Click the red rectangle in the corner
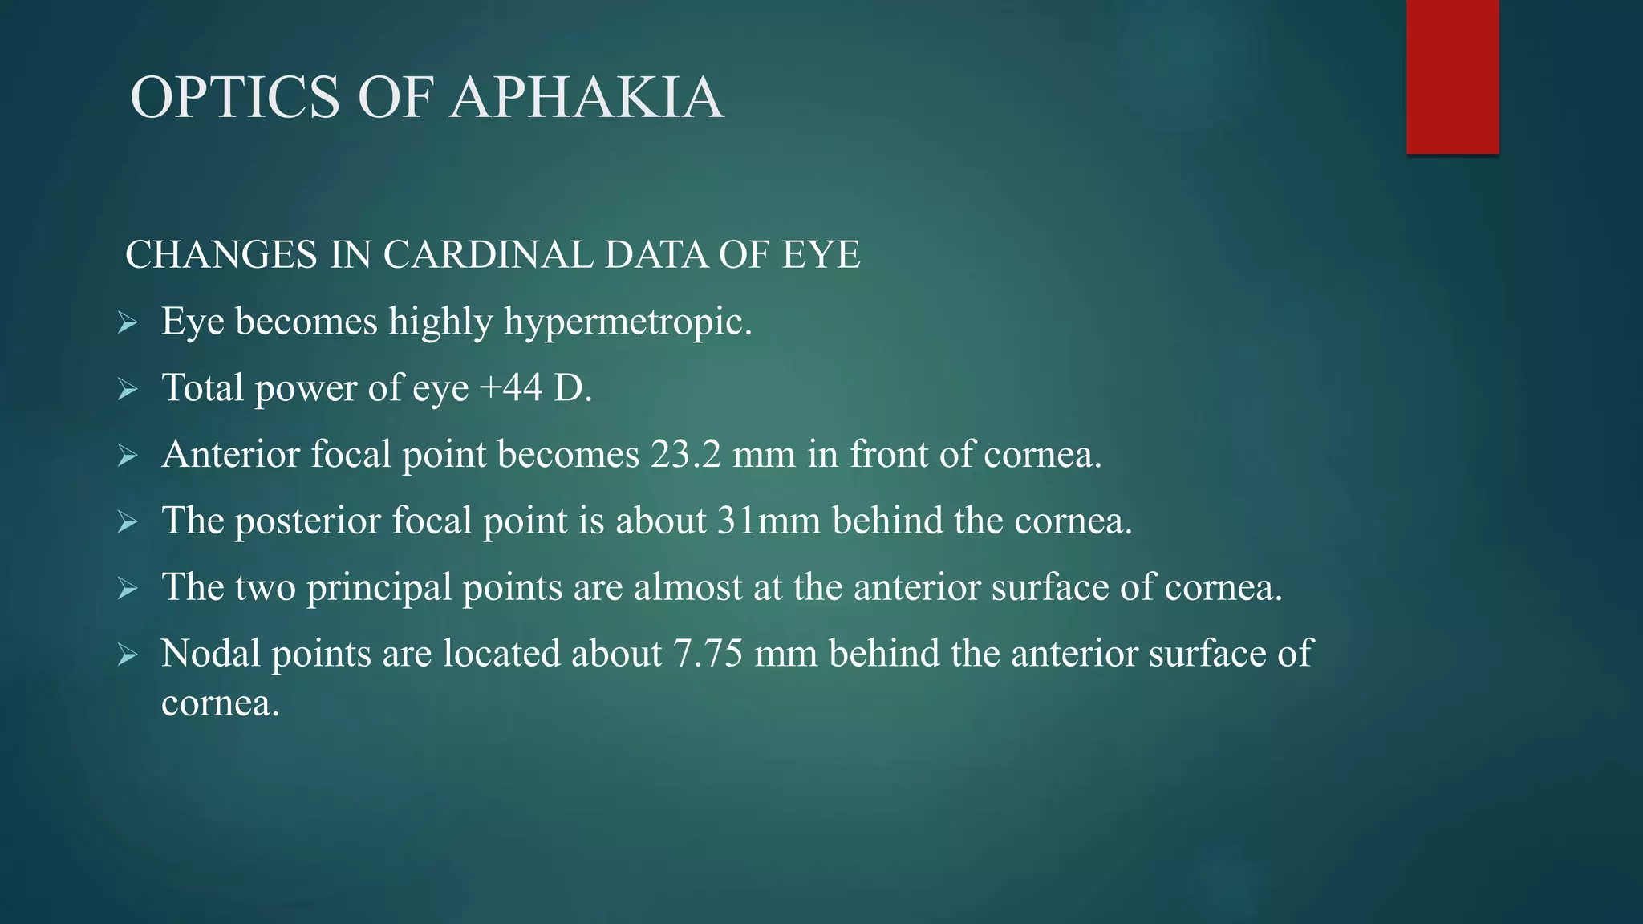1452,77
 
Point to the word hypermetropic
627,322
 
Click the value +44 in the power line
511,388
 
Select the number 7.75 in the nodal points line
708,654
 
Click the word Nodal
211,654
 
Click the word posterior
307,521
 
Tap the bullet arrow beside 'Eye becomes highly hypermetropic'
128,323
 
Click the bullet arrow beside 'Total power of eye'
128,390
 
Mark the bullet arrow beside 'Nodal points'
128,655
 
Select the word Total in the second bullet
202,388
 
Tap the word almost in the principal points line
688,588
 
